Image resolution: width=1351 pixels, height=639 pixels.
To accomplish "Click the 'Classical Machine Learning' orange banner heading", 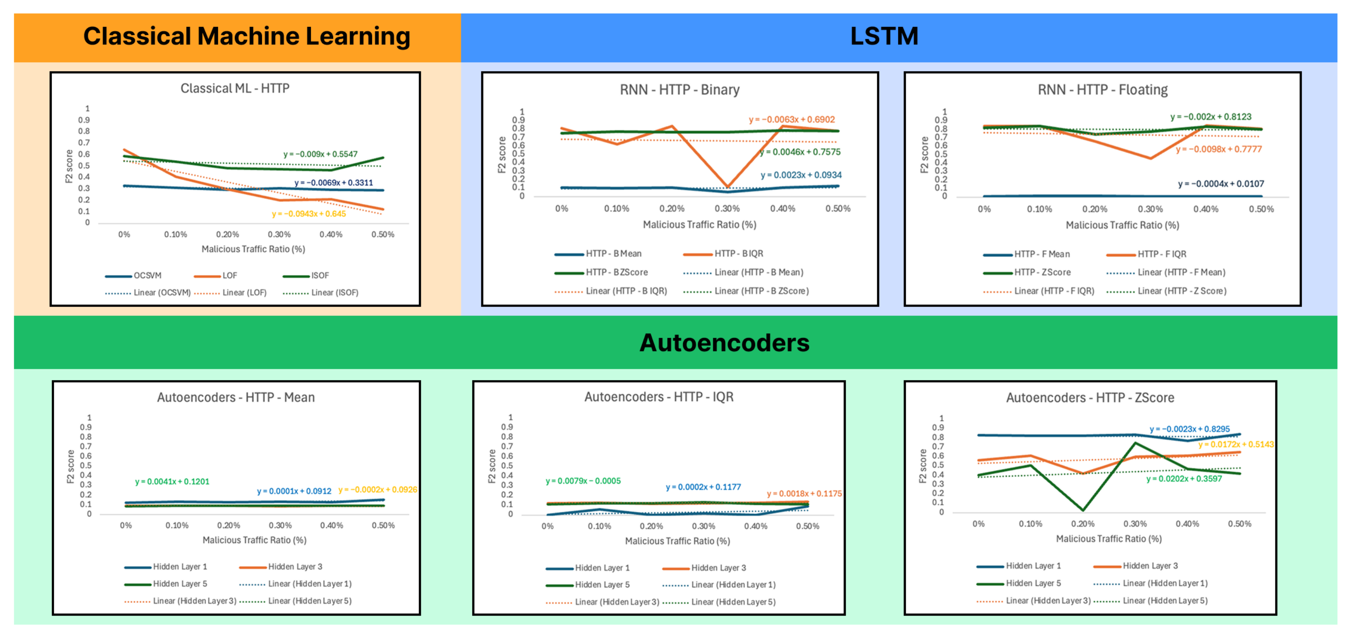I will pos(247,37).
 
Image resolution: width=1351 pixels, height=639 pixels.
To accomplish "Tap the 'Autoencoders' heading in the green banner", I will pos(724,343).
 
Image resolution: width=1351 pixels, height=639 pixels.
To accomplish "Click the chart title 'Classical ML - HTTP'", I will pos(235,88).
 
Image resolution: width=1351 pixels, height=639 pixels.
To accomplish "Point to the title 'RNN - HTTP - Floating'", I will pos(1102,90).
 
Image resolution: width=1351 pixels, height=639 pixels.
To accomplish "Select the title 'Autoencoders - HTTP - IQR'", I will pos(659,397).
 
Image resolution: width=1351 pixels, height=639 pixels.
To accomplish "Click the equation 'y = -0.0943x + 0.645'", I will pos(308,214).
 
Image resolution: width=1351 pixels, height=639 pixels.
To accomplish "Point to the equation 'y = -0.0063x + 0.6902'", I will pos(792,120).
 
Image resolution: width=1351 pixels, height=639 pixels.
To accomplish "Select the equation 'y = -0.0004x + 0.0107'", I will pos(1220,184).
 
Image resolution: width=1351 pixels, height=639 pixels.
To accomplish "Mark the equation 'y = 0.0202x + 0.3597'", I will pos(1184,479).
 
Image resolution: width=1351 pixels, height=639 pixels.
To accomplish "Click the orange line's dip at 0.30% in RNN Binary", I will pos(727,187).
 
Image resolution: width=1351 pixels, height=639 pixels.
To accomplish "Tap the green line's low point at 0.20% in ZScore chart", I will pos(1083,509).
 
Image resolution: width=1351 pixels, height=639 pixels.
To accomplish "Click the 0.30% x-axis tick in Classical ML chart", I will pos(279,234).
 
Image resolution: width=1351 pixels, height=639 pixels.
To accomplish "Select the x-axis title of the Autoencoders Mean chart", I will pos(254,540).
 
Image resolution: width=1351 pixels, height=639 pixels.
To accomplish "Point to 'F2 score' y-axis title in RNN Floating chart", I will pos(924,155).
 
